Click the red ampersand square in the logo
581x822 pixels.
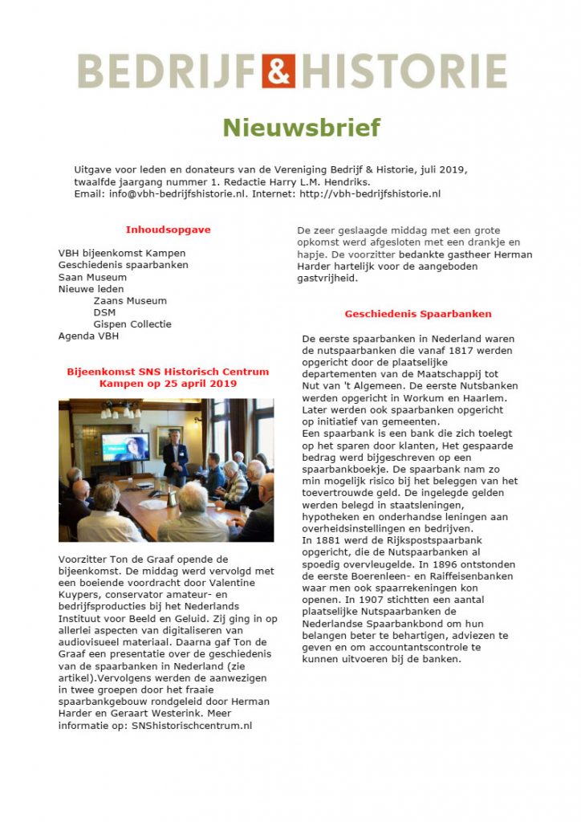coord(278,71)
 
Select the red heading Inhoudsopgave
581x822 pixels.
coord(168,230)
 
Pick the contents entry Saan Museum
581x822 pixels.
coord(92,277)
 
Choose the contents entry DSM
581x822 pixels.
coord(104,312)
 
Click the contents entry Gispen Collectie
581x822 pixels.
coord(132,324)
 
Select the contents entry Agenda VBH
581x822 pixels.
coord(88,336)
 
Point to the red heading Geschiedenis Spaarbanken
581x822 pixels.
coord(418,314)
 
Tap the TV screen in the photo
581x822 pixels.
coord(125,446)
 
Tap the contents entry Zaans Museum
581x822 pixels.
coord(129,301)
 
